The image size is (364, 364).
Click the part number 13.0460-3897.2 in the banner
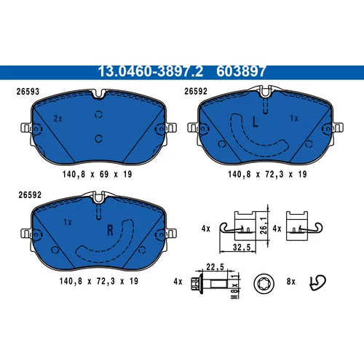pos(151,71)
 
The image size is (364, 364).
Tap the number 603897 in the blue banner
pos(241,71)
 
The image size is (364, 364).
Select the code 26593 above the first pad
pos(28,92)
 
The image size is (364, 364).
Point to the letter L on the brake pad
pos(255,122)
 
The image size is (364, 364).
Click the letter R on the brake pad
pos(110,230)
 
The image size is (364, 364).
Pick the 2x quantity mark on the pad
pos(58,119)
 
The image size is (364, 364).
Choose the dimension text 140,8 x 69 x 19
pos(98,174)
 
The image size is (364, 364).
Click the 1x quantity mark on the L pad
pos(294,119)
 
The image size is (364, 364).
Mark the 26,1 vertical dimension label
pos(264,226)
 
